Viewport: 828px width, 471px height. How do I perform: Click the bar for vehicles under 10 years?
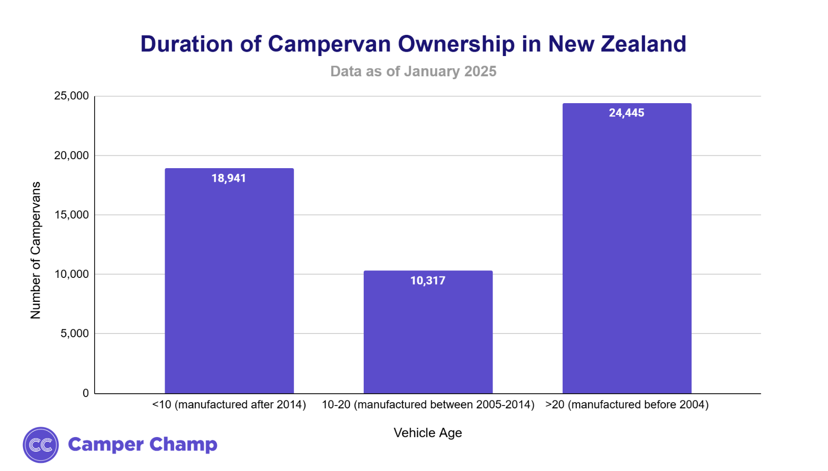coord(229,283)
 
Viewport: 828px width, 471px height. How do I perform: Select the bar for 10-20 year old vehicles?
coord(428,334)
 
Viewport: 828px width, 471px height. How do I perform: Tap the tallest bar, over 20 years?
coord(627,250)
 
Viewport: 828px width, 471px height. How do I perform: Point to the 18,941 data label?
coord(229,179)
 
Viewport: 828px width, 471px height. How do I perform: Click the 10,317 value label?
coord(428,281)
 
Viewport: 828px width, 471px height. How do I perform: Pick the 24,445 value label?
coord(627,113)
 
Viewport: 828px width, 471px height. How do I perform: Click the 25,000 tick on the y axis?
coord(72,96)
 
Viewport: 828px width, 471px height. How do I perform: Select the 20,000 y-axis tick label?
coord(72,155)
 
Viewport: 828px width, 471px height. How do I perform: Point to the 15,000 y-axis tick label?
coord(72,215)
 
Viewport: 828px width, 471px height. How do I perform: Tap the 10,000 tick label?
coord(72,274)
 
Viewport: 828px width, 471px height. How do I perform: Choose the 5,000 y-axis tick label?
coord(74,333)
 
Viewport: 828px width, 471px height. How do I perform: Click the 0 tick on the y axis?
coord(86,393)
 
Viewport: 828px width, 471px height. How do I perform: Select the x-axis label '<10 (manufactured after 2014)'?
coord(229,405)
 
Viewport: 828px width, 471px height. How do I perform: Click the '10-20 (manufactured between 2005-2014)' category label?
coord(428,405)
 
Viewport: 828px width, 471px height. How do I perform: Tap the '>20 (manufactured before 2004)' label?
coord(627,405)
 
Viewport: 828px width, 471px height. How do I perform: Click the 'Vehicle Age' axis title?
coord(428,433)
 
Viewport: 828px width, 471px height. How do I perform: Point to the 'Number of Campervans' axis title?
coord(36,250)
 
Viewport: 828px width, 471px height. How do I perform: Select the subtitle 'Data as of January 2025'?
coord(413,71)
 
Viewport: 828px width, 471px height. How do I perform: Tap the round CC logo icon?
coord(41,445)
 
